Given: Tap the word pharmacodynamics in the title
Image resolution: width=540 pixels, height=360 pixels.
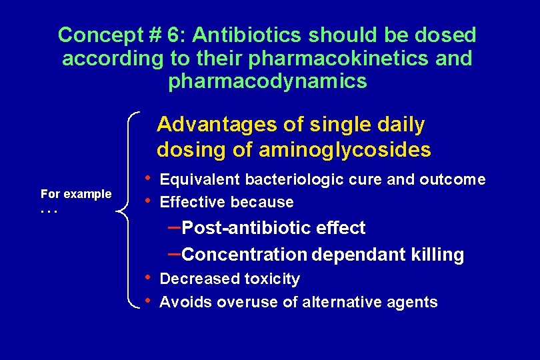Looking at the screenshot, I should (x=268, y=81).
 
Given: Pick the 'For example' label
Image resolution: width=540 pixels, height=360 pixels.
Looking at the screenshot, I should (x=76, y=194).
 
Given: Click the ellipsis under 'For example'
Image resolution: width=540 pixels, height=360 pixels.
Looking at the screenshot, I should (x=49, y=211).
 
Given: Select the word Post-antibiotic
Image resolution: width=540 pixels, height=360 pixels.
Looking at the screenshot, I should (x=237, y=228).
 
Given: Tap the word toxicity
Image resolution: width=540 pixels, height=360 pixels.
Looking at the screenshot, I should (x=273, y=279).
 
